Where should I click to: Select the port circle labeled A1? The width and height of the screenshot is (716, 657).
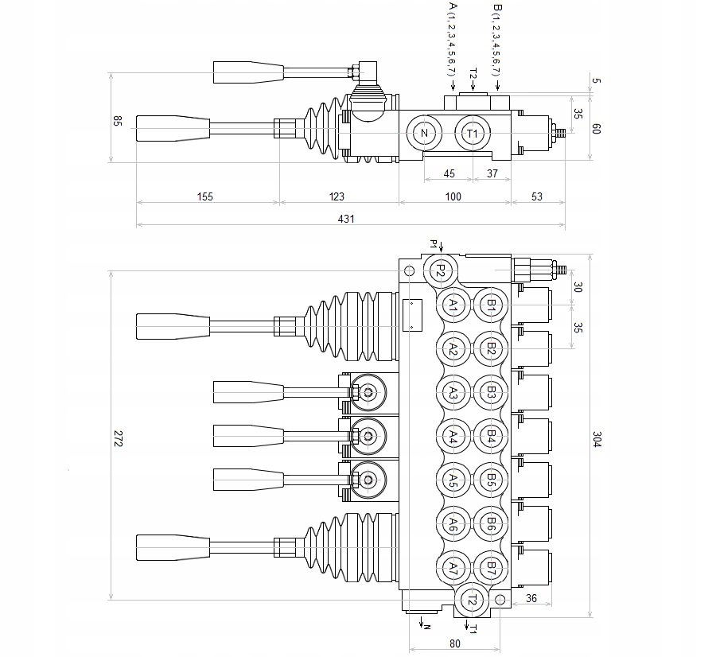point(453,305)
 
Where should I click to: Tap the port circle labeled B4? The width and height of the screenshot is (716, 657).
point(491,436)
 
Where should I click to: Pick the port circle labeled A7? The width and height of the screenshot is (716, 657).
point(453,569)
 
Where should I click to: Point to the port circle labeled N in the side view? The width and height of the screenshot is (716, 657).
point(424,133)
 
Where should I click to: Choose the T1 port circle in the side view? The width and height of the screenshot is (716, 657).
point(473,133)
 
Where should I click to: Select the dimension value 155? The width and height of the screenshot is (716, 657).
point(205,196)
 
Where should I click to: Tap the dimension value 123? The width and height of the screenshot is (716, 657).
point(338,196)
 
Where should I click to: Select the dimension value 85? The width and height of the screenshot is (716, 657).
point(118,122)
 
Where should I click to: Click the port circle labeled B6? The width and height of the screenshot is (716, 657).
point(491,524)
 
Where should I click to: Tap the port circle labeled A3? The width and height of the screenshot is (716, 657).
point(453,392)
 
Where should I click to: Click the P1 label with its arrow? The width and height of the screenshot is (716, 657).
point(437,244)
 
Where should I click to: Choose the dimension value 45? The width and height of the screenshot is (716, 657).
point(449,174)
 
